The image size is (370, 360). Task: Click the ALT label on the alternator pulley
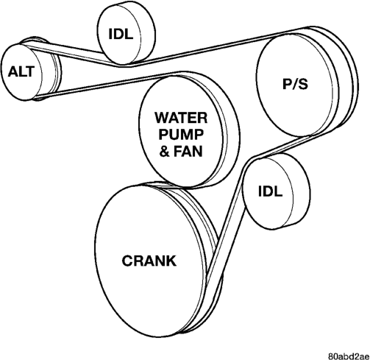[x=21, y=72]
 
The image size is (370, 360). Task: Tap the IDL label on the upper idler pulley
[x=121, y=34]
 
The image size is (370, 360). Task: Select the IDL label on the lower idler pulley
[x=271, y=191]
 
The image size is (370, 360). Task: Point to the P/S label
[x=295, y=84]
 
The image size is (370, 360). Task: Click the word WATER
[x=181, y=118]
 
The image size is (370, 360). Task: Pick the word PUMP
[x=181, y=134]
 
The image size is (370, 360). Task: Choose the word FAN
[x=188, y=151]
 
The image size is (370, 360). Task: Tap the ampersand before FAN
[x=164, y=151]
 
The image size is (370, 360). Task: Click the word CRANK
[x=149, y=261]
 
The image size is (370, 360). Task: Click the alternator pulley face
[x=21, y=72]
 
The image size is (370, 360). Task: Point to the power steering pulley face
[x=295, y=85]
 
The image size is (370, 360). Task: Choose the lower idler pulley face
[x=268, y=194]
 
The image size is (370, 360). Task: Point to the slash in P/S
[x=295, y=84]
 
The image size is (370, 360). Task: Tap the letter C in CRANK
[x=127, y=261]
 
